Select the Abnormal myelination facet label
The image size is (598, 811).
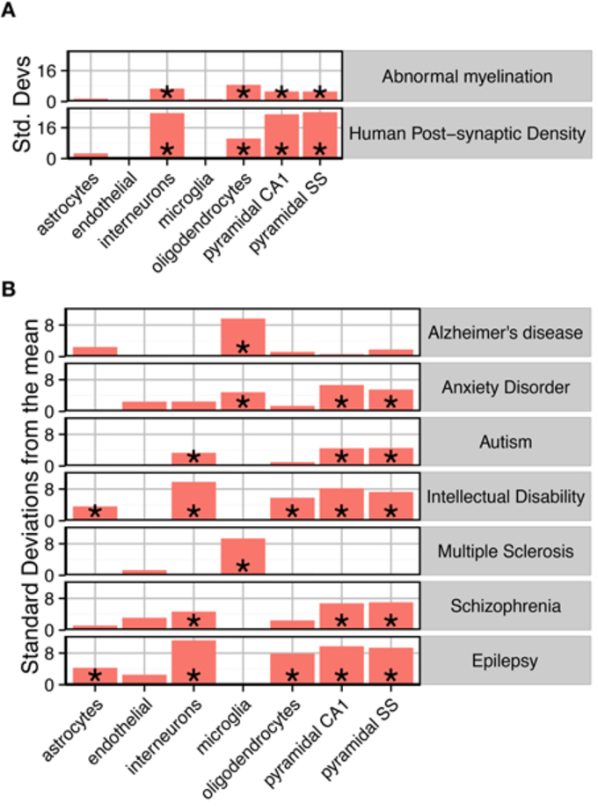467,77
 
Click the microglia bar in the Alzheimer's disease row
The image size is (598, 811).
243,337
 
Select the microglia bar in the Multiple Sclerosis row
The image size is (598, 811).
243,557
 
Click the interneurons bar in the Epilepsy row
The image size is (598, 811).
193,661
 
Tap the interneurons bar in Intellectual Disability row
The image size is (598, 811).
193,500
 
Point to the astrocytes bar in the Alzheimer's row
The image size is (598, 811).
95,350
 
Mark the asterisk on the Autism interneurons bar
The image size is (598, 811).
193,457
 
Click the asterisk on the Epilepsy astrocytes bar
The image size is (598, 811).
95,676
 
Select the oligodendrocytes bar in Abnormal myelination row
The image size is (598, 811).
243,93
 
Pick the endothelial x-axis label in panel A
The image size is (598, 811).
132,198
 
